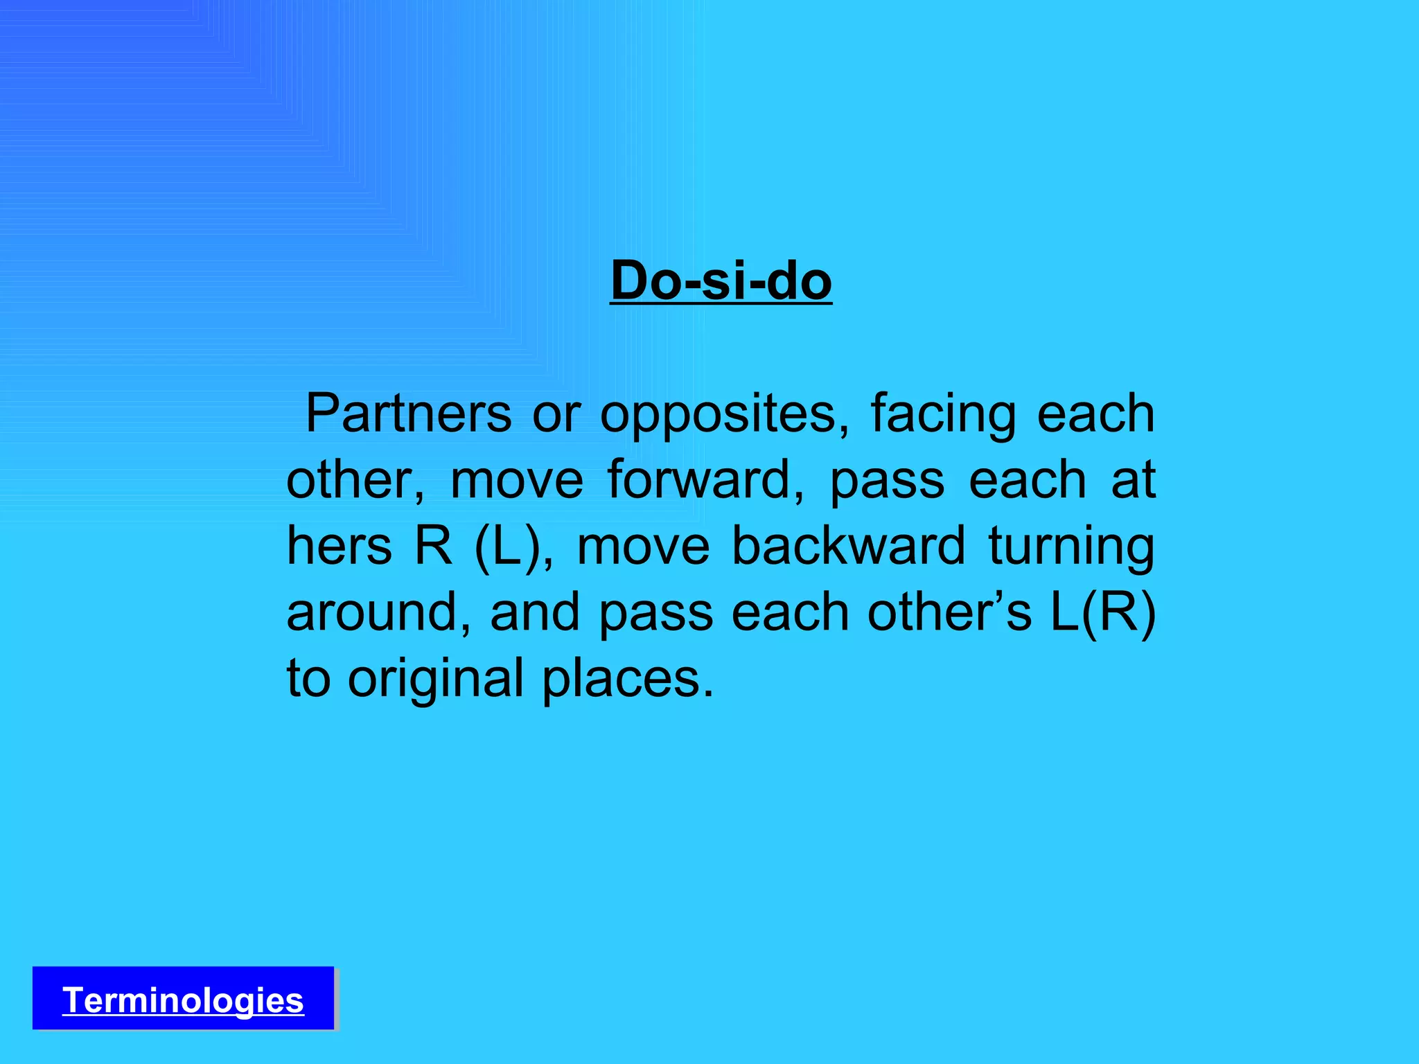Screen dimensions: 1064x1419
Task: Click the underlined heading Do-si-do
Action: click(x=721, y=281)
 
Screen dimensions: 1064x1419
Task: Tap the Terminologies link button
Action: click(x=183, y=1000)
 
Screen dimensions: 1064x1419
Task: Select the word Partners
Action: click(x=408, y=414)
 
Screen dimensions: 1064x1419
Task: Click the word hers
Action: click(x=339, y=546)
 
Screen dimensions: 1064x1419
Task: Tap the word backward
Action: click(x=848, y=546)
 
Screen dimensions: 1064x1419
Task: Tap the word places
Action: click(x=627, y=679)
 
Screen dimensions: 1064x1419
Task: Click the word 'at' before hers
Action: click(x=1134, y=479)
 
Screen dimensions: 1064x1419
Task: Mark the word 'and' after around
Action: click(x=534, y=612)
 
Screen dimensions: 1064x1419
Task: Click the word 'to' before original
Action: click(x=308, y=679)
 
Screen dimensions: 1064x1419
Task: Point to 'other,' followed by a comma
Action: click(x=355, y=479)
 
